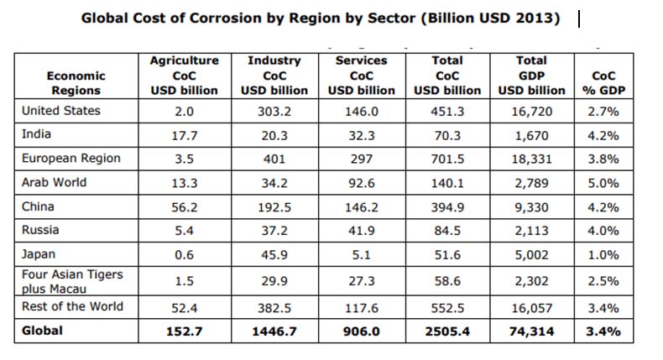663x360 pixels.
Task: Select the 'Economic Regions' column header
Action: (x=76, y=82)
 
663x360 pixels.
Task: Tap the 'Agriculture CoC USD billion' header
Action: (x=184, y=76)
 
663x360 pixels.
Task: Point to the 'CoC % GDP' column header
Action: (x=603, y=82)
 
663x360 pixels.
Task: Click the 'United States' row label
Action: (x=60, y=111)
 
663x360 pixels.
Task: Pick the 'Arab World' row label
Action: (x=54, y=182)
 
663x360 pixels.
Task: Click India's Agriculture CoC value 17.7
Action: (x=184, y=135)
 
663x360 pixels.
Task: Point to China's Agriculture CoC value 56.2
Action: (x=184, y=206)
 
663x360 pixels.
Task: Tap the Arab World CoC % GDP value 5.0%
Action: (x=603, y=183)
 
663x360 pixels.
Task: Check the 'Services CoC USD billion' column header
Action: (x=361, y=76)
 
